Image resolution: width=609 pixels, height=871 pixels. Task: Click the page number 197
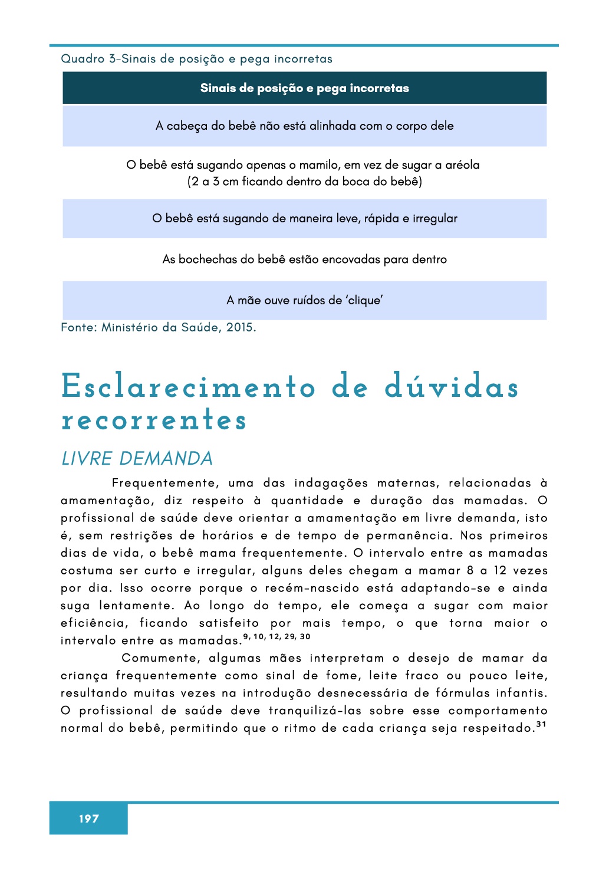[88, 819]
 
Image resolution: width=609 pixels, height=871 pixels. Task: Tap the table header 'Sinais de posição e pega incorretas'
[304, 88]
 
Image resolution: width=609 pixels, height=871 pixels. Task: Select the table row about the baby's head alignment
[304, 126]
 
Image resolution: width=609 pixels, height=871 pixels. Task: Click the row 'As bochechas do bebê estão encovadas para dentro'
[304, 259]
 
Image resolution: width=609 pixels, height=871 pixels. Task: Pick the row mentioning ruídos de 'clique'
[304, 300]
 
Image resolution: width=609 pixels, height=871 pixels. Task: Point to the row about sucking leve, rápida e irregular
[304, 219]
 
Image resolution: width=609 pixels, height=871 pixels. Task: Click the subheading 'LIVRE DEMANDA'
[137, 459]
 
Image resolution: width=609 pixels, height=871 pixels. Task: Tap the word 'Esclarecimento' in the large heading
[188, 387]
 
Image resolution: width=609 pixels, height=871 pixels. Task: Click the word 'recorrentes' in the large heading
[154, 420]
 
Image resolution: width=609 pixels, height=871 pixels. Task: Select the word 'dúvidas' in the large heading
[451, 387]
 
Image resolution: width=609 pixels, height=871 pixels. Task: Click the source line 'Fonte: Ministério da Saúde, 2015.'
[159, 327]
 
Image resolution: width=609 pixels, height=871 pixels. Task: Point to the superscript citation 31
[541, 724]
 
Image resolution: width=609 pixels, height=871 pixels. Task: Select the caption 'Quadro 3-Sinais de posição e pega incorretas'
[196, 59]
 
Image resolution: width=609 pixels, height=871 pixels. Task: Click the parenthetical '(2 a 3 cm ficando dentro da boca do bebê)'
[304, 182]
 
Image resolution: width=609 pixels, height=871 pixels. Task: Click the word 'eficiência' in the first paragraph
[94, 623]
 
